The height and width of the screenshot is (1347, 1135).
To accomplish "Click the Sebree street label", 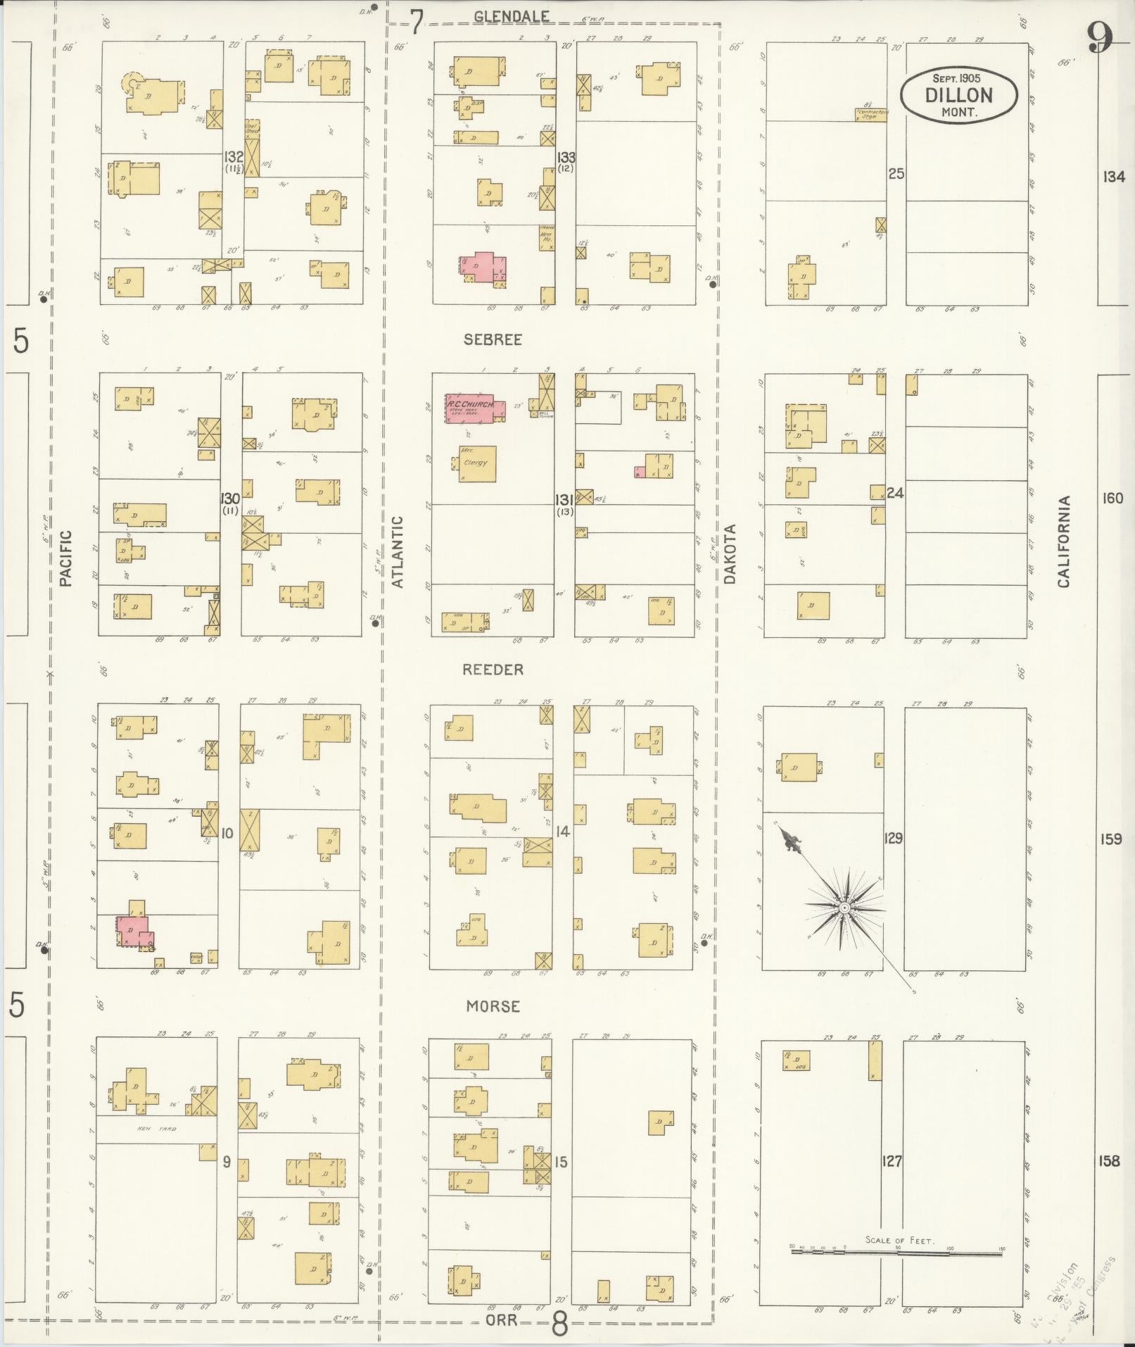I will coord(493,339).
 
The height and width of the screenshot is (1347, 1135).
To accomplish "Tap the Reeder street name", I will coord(493,670).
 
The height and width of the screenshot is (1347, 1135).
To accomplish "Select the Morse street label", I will coord(493,1006).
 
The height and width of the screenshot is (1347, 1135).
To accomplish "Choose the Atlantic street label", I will coord(398,552).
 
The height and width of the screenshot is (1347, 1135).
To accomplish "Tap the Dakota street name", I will coord(730,553).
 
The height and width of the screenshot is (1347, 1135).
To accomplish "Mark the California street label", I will coord(1063,542).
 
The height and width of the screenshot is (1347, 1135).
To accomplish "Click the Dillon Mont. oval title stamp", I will coord(958,95).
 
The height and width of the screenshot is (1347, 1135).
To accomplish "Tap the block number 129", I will coord(894,838).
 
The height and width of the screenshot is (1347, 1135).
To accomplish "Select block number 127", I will coord(892,1161).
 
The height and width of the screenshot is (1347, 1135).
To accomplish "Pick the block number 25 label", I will coord(896,173).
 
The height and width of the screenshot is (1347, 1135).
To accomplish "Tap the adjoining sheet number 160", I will coord(1112,499).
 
